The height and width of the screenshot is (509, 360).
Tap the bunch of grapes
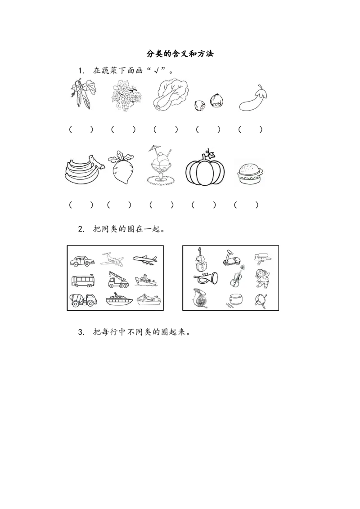pos(126,96)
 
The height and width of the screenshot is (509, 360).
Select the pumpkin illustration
pos(205,168)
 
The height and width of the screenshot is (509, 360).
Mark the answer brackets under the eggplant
pos(250,129)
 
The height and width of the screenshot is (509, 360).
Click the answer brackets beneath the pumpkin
pos(204,205)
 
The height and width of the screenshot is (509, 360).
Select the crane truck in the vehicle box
pos(118,280)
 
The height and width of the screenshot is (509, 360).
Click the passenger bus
pos(83,281)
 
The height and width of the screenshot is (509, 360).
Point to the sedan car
pos(82,261)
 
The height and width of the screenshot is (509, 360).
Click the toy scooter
pos(232,258)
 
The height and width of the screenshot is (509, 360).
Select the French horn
pos(200,298)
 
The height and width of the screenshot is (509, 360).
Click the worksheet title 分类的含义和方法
pos(180,54)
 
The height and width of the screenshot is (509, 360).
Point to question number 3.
pos(81,332)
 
